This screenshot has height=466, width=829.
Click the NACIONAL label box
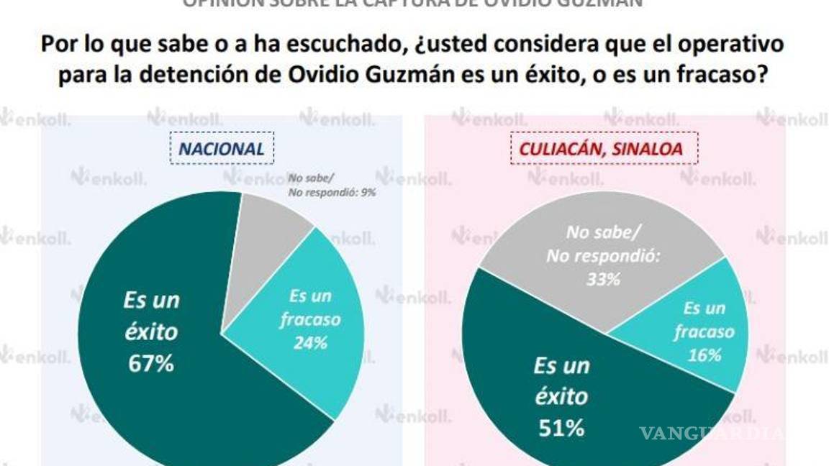coord(222,149)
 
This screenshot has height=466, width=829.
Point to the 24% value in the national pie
coord(309,343)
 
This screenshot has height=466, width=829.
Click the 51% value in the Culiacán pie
coord(561,429)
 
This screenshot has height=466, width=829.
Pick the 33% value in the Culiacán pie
coord(602,279)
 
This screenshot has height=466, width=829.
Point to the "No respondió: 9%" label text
coord(332,192)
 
